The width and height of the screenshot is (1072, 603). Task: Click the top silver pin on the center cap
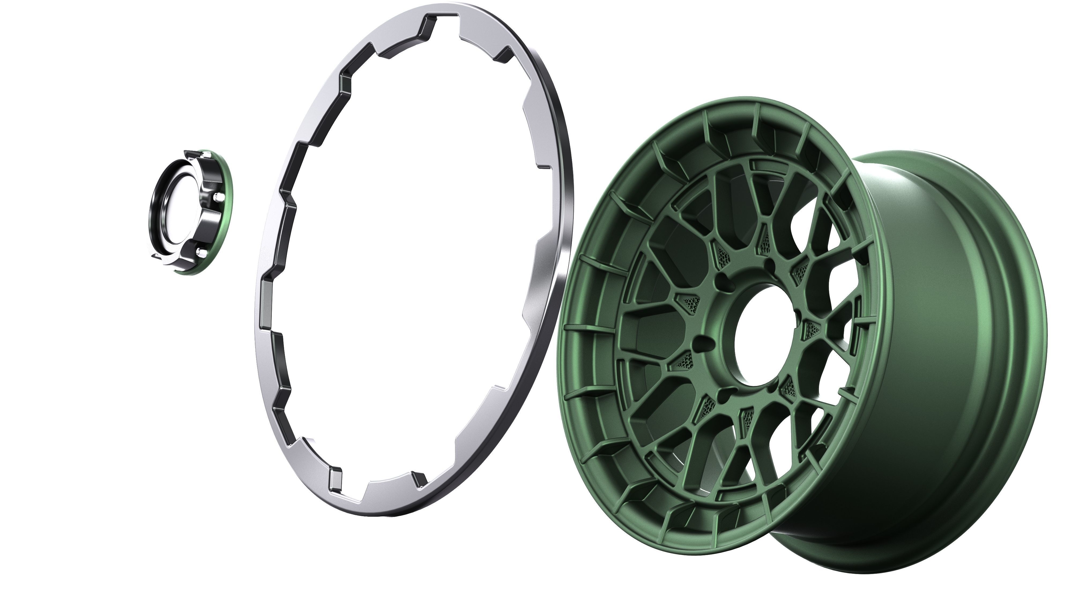coord(205,155)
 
